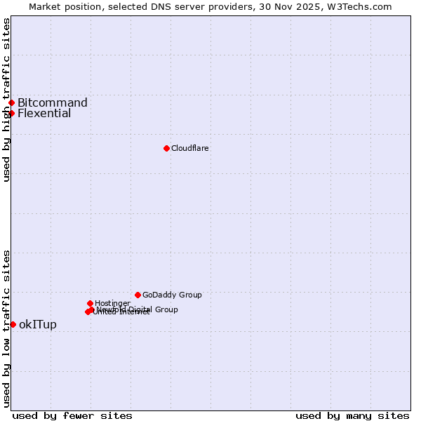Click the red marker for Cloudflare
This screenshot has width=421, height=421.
tap(166, 148)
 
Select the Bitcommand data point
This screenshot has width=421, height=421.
tap(12, 102)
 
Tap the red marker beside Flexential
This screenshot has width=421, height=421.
tap(12, 113)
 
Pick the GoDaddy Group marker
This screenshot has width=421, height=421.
tap(138, 295)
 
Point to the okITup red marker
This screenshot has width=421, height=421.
tap(13, 324)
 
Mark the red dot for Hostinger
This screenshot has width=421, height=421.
tap(90, 303)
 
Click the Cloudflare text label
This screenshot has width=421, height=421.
tap(190, 148)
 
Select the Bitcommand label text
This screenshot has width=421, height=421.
tap(53, 102)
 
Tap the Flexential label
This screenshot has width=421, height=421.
tap(44, 113)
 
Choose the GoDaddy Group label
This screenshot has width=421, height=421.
tap(172, 295)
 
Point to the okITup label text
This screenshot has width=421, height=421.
tap(38, 324)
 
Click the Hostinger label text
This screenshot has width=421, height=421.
tap(112, 303)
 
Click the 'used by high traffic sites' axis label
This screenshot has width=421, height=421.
tap(6, 100)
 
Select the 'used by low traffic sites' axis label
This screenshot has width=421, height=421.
tap(6, 328)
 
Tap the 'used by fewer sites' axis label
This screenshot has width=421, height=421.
tap(72, 415)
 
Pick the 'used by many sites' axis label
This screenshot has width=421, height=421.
tap(352, 415)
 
